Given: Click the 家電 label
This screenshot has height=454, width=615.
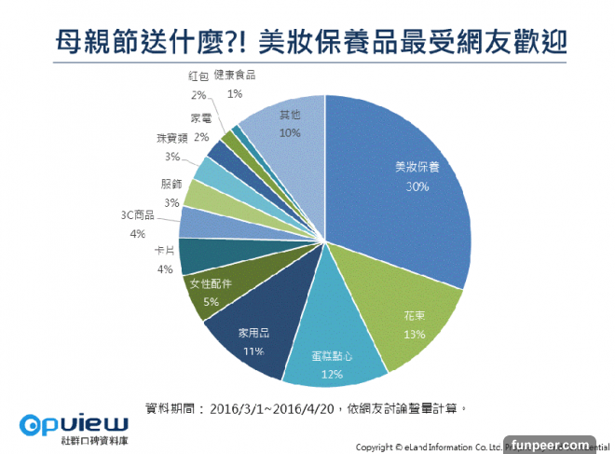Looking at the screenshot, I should (200, 118).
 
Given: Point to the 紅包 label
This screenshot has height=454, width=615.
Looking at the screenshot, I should (198, 76).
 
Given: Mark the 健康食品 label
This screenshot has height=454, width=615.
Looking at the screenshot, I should (235, 76).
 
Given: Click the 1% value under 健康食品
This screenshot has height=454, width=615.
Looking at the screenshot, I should (235, 93).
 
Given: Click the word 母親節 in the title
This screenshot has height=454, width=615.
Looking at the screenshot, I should (89, 43).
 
